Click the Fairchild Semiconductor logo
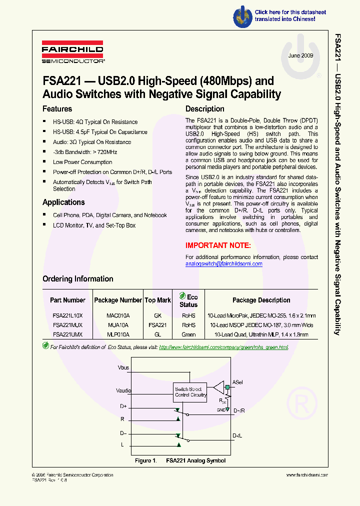point(72,54)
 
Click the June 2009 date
point(300,56)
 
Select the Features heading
point(57,109)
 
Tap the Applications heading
point(63,202)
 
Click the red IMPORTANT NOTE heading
point(218,245)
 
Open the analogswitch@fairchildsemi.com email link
point(223,264)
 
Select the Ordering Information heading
point(77,279)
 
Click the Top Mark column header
point(157,300)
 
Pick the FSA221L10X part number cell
point(67,316)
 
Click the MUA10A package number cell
point(118,325)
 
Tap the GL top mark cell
point(157,334)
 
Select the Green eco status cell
point(188,334)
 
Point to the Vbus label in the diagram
point(123,368)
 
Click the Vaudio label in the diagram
point(124,391)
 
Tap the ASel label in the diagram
point(237,382)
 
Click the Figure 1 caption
point(180,460)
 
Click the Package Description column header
point(261,300)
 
